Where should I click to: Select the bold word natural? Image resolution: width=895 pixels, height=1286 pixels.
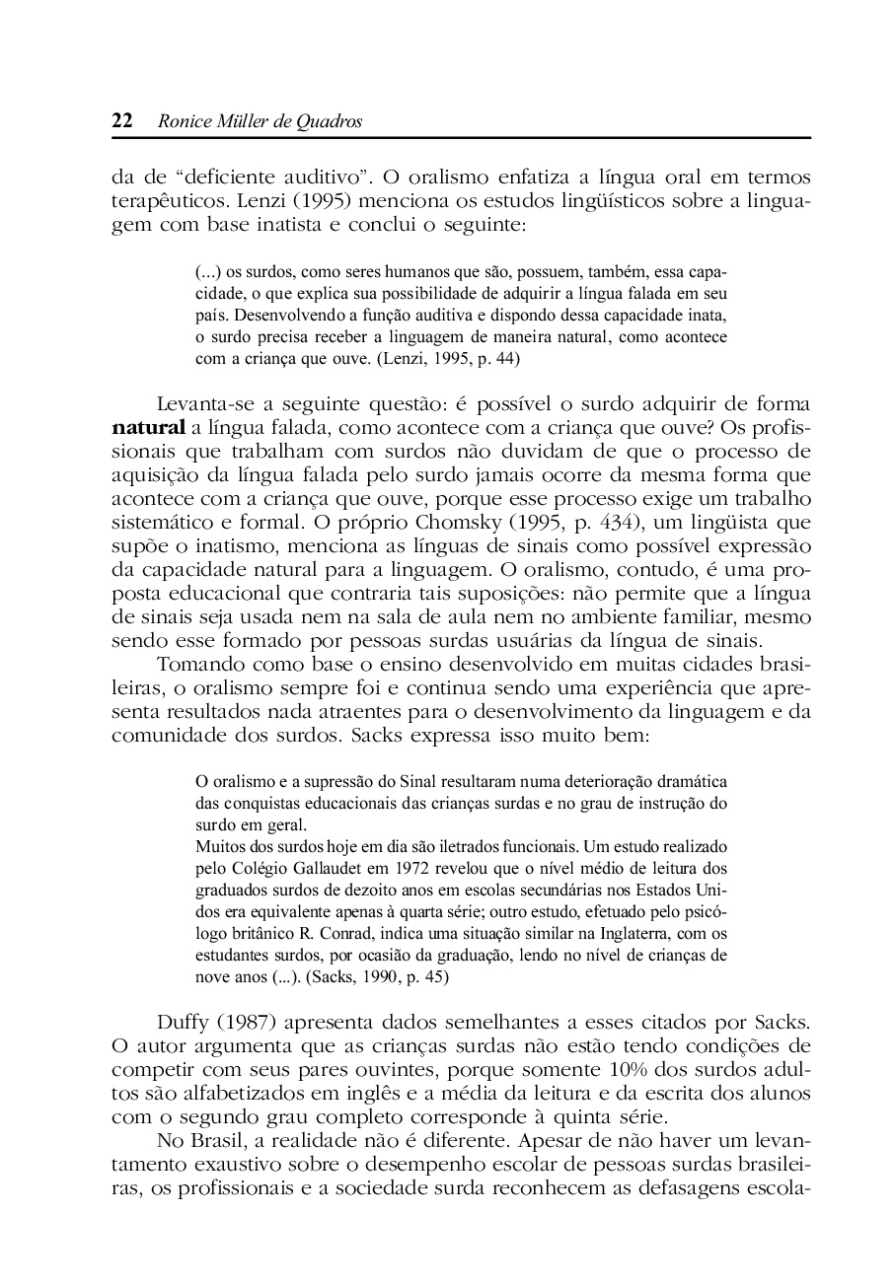click(x=147, y=428)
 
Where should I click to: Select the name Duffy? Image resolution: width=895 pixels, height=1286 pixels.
click(x=186, y=1024)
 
